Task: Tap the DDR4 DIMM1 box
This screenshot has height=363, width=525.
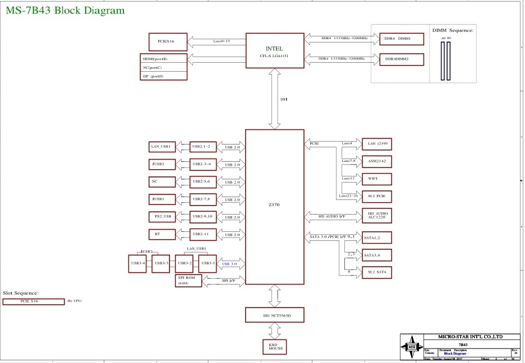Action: click(401, 39)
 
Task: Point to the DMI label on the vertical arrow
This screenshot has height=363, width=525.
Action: click(284, 99)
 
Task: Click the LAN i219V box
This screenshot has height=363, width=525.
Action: click(376, 144)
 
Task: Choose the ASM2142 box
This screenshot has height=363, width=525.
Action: click(376, 161)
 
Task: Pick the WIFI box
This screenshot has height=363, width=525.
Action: click(376, 179)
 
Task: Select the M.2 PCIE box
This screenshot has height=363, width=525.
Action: click(376, 196)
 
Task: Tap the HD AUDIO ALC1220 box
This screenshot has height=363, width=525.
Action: click(376, 216)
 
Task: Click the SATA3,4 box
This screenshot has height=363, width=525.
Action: click(376, 255)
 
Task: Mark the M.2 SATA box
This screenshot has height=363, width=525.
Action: click(376, 273)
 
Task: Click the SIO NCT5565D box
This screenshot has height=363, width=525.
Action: click(274, 315)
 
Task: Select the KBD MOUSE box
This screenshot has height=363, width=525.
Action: click(275, 347)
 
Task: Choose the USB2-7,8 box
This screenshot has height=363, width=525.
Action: click(203, 199)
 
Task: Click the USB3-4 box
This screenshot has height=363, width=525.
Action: click(137, 263)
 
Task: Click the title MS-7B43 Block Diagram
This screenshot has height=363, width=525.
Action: click(65, 11)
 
